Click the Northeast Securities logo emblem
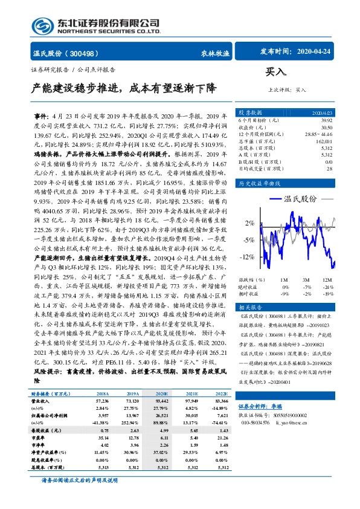pos(42,25)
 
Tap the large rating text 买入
pos(275,73)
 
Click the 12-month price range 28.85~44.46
pos(319,133)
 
